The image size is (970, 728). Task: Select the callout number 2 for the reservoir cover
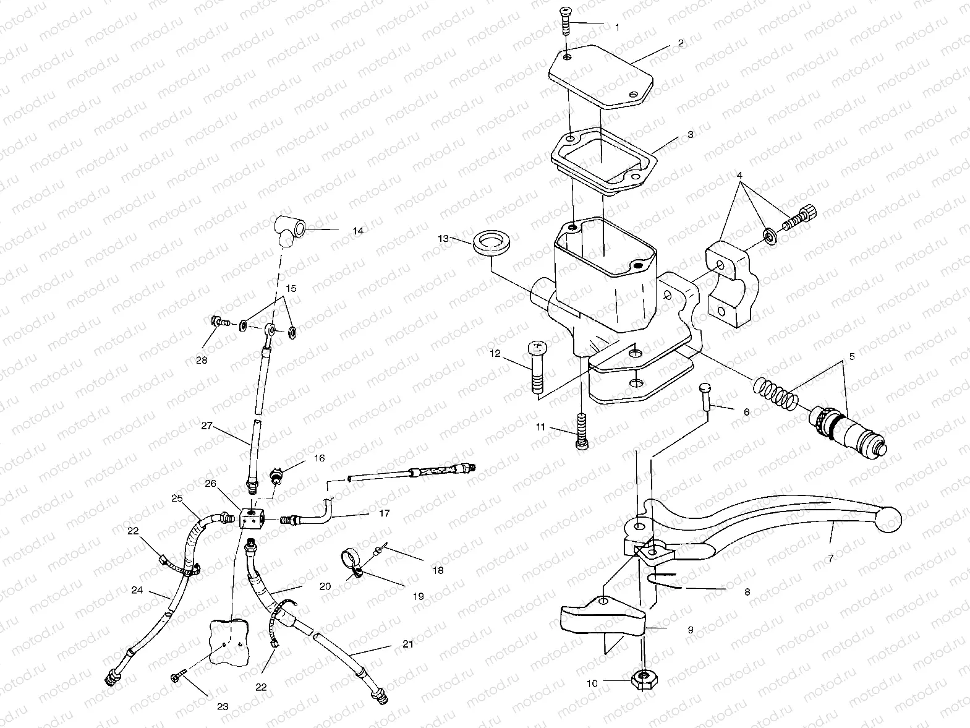[x=680, y=43]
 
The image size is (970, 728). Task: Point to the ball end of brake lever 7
[x=889, y=520]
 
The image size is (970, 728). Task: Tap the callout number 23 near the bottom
[x=223, y=706]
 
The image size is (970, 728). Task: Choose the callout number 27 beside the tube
[x=206, y=426]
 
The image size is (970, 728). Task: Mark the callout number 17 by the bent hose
[x=384, y=513]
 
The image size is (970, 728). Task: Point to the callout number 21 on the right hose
[x=407, y=645]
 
